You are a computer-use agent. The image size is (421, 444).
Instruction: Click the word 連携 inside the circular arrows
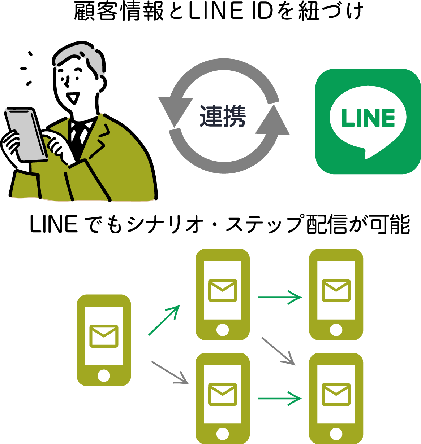point(223,116)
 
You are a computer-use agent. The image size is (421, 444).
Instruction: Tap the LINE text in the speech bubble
point(368,118)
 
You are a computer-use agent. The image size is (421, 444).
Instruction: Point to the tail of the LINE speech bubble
point(368,153)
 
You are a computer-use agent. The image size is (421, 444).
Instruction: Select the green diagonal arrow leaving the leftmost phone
point(164,320)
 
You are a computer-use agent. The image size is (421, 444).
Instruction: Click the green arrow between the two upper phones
point(280,297)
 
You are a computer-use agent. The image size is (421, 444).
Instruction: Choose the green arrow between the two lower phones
point(280,399)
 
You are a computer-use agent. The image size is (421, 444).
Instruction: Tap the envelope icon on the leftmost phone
point(104,336)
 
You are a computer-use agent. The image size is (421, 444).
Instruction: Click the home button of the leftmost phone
point(104,375)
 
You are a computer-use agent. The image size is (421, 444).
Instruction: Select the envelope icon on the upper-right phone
point(336,290)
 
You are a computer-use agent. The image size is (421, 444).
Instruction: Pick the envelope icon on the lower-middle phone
point(223,394)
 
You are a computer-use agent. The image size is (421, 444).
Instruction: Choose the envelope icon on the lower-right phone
point(336,394)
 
